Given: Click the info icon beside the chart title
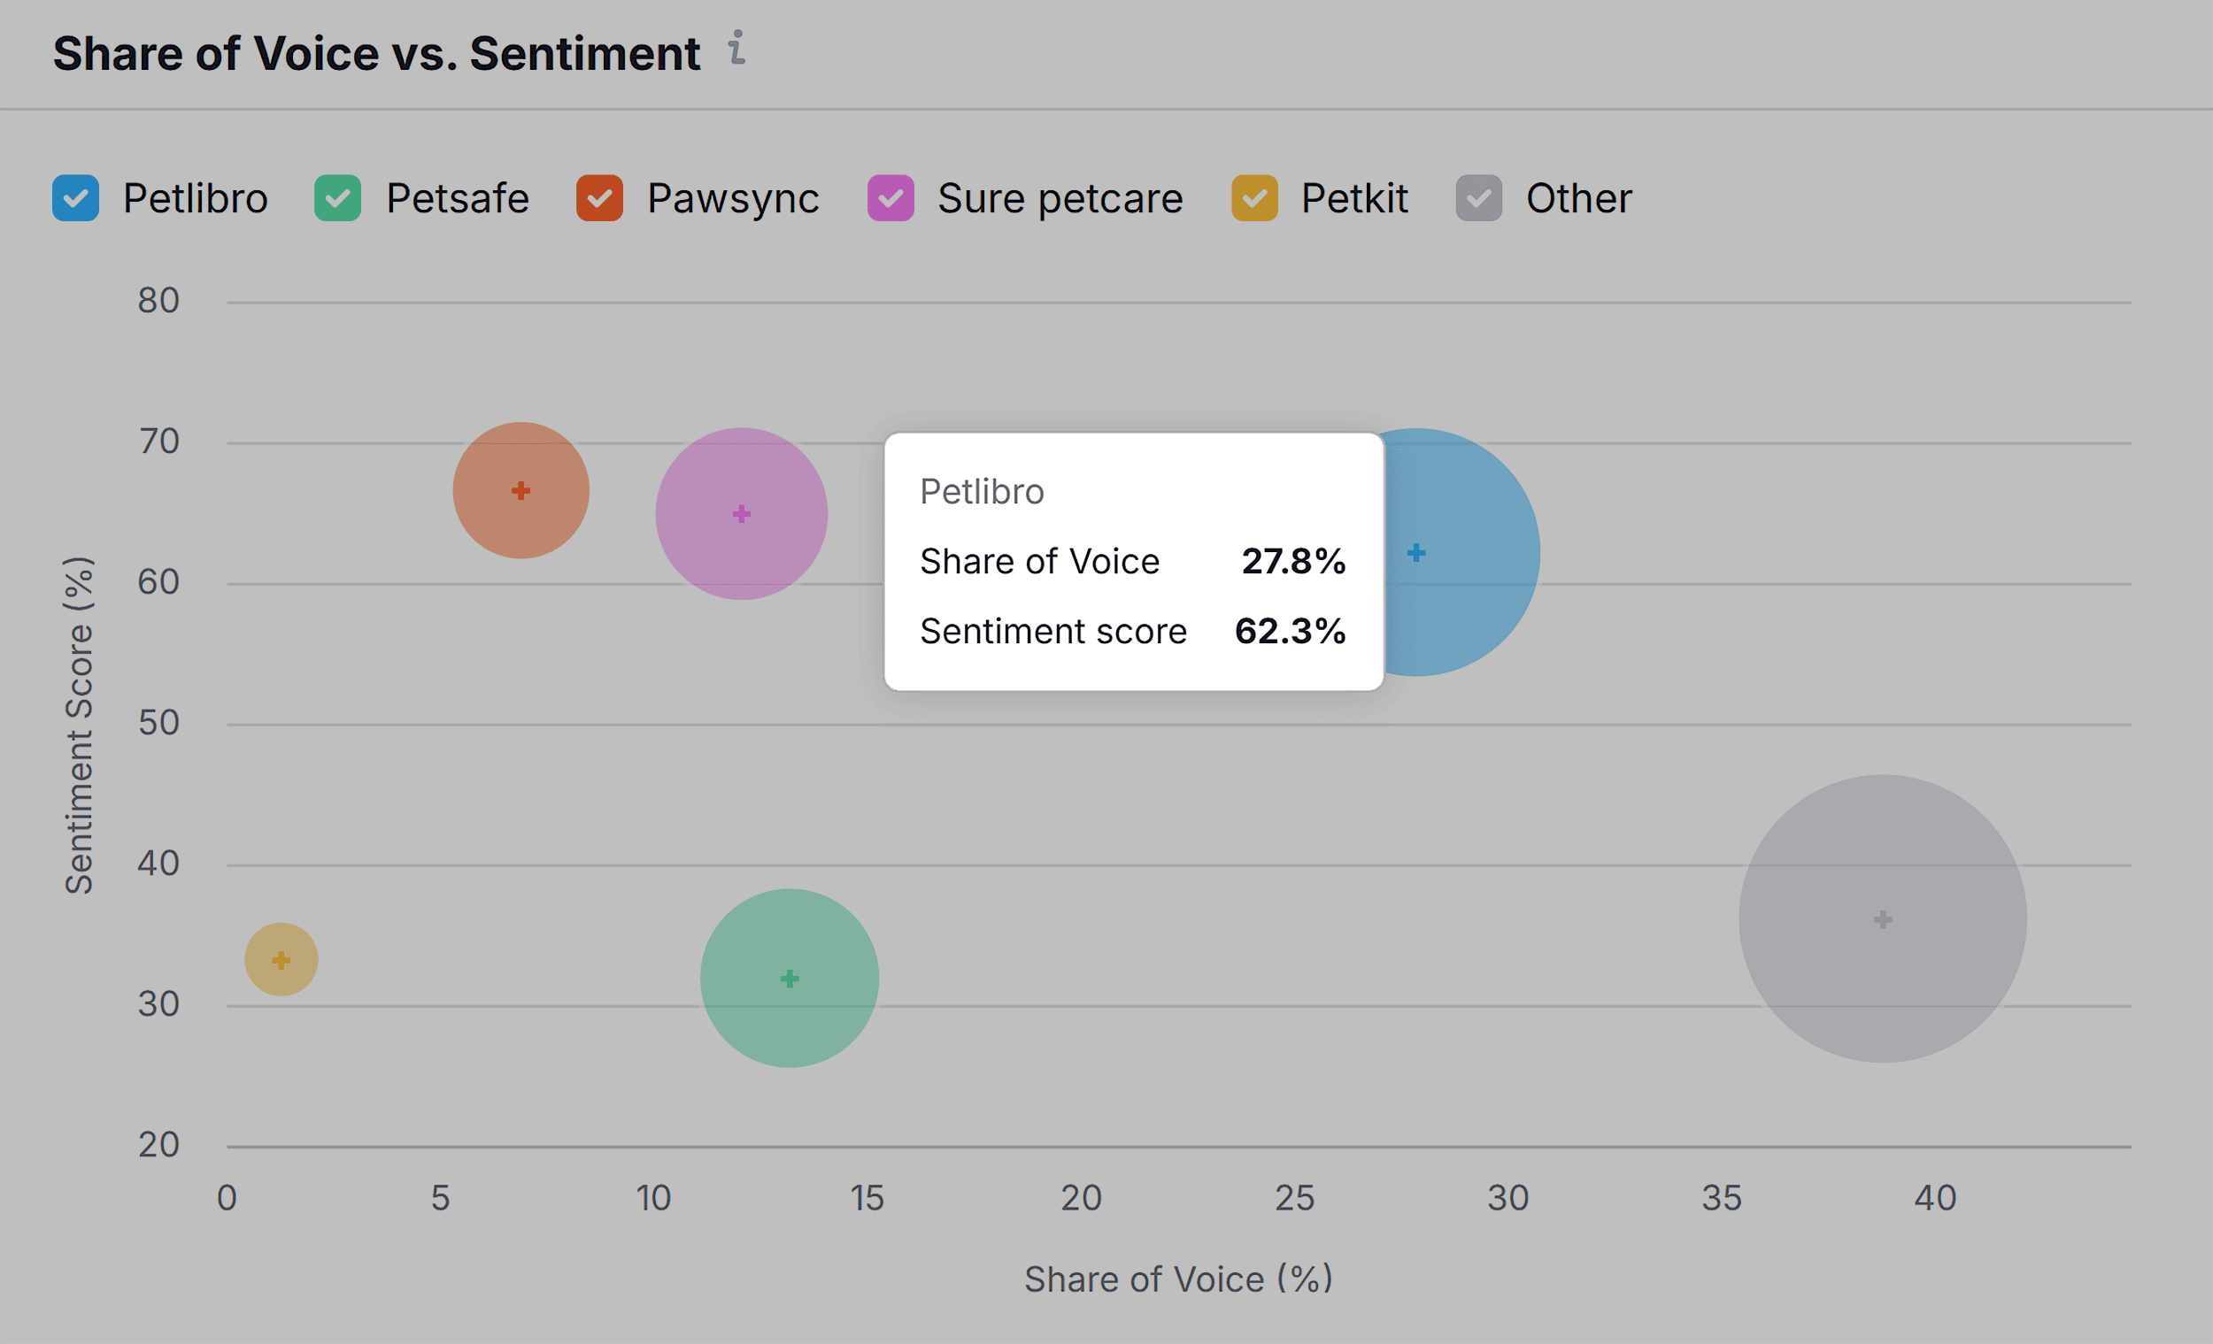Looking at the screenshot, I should pyautogui.click(x=736, y=48).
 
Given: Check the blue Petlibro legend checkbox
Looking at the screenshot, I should pyautogui.click(x=75, y=198).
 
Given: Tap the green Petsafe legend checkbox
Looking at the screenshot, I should pyautogui.click(x=337, y=198).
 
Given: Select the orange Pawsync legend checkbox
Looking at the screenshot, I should pyautogui.click(x=600, y=198).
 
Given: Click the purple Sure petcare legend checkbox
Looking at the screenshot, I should pyautogui.click(x=890, y=198).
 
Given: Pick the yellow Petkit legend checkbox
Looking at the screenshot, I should pyautogui.click(x=1254, y=198).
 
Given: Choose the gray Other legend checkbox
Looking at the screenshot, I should pyautogui.click(x=1478, y=198).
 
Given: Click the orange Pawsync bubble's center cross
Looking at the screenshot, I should pyautogui.click(x=520, y=490).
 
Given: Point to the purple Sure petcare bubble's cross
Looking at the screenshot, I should pyautogui.click(x=741, y=513).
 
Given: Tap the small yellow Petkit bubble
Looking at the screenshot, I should pyautogui.click(x=281, y=960).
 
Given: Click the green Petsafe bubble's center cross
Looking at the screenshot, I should pyautogui.click(x=790, y=978).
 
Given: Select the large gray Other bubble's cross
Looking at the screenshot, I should pyautogui.click(x=1883, y=919).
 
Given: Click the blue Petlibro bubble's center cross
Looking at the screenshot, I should pyautogui.click(x=1416, y=552).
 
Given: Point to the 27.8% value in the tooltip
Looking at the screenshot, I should pyautogui.click(x=1293, y=561).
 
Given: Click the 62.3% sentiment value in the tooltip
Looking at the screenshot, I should pyautogui.click(x=1290, y=631).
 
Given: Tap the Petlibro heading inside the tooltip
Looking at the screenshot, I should pyautogui.click(x=982, y=492).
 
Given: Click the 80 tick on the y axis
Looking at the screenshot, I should pyautogui.click(x=159, y=301).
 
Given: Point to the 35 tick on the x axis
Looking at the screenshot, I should pyautogui.click(x=1721, y=1198).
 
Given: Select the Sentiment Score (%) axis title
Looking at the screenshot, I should pyautogui.click(x=79, y=726).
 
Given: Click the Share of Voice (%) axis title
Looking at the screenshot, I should pyautogui.click(x=1178, y=1279).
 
